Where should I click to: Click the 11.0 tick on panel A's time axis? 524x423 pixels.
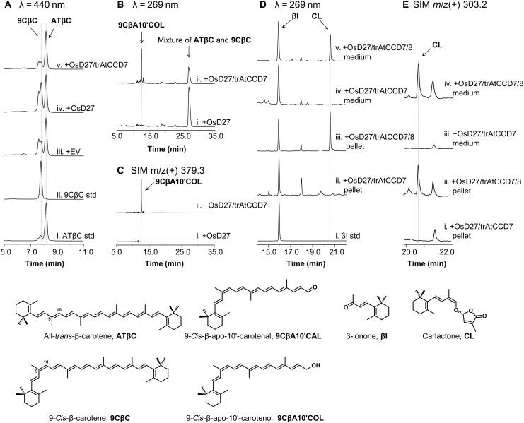click(x=84, y=249)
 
